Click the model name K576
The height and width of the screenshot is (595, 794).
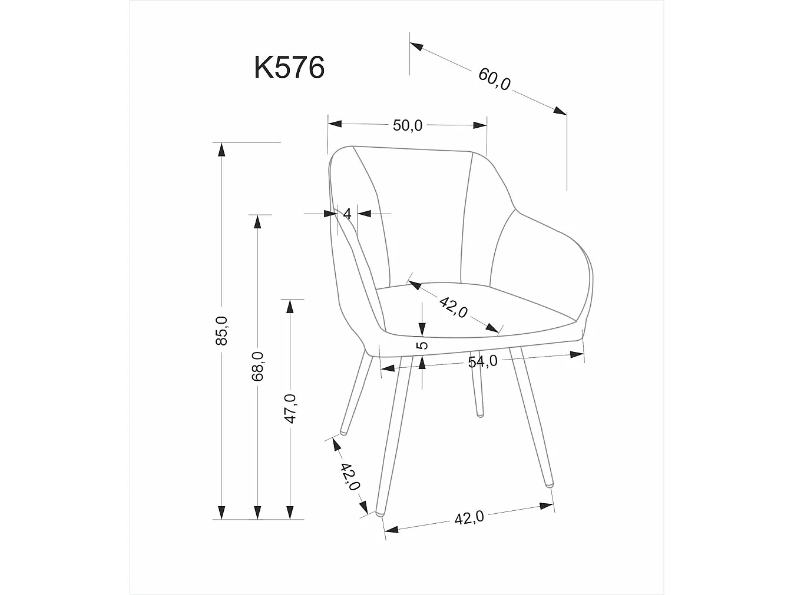pos(289,68)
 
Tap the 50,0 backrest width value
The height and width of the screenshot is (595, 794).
pos(408,125)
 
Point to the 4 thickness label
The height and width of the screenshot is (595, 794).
pos(347,214)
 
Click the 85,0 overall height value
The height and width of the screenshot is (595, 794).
pos(221,330)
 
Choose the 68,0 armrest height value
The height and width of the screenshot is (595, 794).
pos(257,366)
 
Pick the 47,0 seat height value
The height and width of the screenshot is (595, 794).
pos(290,408)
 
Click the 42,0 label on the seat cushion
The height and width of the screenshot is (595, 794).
pos(454,307)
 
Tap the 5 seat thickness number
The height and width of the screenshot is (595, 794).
pos(422,345)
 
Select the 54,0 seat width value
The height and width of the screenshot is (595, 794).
pos(482,361)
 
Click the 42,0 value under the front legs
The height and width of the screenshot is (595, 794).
pos(469,518)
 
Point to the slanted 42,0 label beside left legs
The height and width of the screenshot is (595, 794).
pos(349,477)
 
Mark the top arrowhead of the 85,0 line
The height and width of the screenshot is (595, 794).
pos(221,148)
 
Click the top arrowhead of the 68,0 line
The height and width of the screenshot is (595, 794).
pos(257,221)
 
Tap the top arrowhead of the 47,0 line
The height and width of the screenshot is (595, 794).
pos(290,305)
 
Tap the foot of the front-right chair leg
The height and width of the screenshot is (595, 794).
pos(550,484)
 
